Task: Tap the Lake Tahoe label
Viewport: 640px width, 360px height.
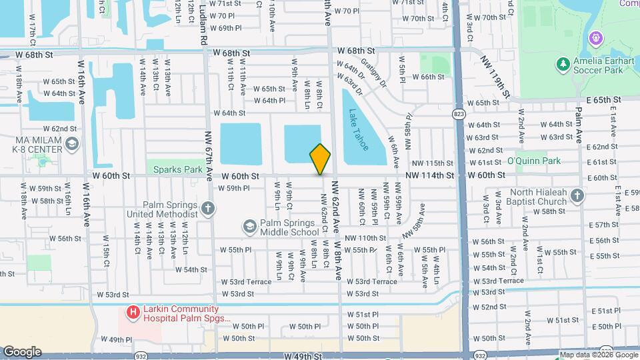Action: (358, 130)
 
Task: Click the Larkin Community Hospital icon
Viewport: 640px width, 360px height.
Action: (133, 311)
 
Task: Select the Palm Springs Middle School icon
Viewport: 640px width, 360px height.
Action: (249, 227)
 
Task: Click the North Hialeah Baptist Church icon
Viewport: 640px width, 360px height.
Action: (577, 195)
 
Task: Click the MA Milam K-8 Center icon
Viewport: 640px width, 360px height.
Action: (72, 143)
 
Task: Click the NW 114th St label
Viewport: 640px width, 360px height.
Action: (432, 175)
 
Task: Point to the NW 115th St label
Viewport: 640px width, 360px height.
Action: (432, 163)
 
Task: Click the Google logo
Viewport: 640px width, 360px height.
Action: (23, 352)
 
